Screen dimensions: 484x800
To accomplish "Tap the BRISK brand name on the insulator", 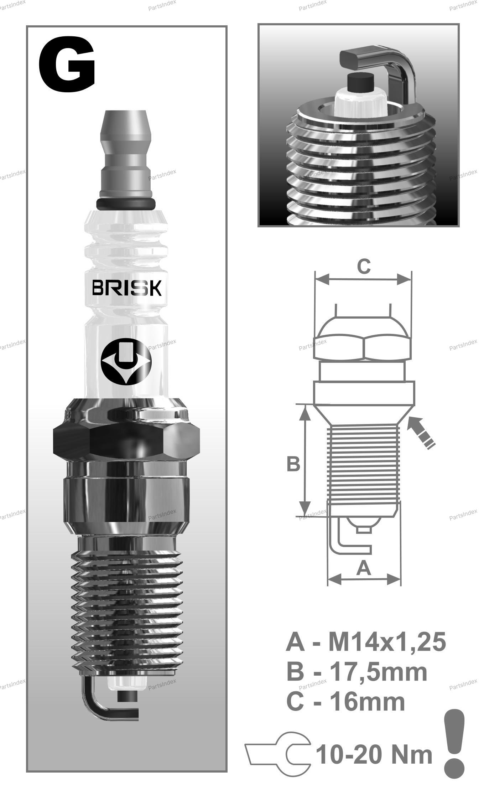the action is [x=127, y=288].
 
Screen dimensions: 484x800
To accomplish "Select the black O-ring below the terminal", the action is [x=126, y=203].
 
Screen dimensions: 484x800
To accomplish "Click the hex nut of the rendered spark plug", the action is [x=126, y=434].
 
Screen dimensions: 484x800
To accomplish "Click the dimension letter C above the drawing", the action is [x=364, y=266].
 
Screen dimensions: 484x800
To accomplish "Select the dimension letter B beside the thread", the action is [x=293, y=464].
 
